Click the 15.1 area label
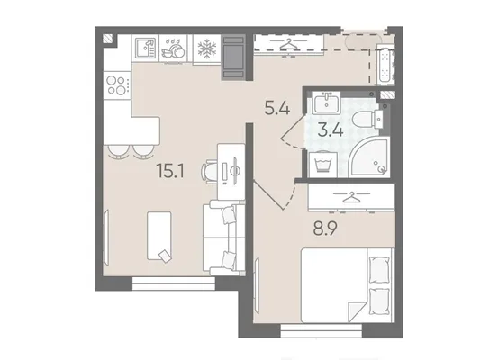[170, 171]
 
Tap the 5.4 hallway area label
[277, 108]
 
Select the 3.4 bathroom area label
[331, 130]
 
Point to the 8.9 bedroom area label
[325, 229]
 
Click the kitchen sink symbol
[145, 49]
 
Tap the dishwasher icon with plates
[173, 49]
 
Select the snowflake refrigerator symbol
[207, 49]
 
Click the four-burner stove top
[117, 85]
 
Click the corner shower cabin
[370, 157]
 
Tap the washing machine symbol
[322, 165]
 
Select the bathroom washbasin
[326, 103]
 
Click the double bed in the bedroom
[347, 285]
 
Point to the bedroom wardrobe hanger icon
[351, 197]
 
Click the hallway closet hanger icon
[289, 44]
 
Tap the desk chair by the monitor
[209, 172]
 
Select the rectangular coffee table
[159, 236]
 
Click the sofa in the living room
[223, 238]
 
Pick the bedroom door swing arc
[291, 197]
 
